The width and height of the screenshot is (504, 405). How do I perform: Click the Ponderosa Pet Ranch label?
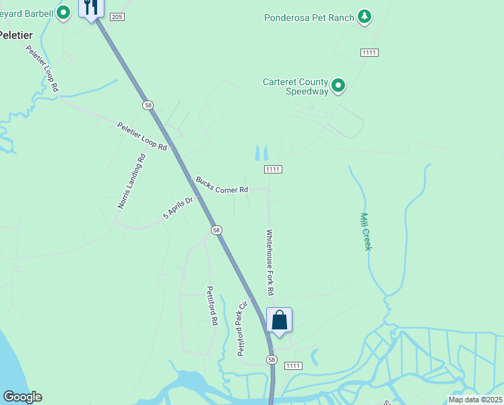pyautogui.click(x=309, y=18)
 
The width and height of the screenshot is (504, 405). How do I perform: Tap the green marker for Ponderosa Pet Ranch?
pyautogui.click(x=365, y=16)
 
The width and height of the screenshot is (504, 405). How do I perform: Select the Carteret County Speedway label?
pyautogui.click(x=295, y=86)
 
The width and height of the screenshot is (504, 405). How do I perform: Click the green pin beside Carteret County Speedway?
pyautogui.click(x=338, y=86)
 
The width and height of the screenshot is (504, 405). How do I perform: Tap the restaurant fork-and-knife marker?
pyautogui.click(x=91, y=8)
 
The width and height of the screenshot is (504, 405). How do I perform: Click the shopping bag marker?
pyautogui.click(x=279, y=321)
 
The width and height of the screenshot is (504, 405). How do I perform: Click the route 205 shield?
pyautogui.click(x=117, y=16)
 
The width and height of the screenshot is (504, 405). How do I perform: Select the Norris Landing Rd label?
pyautogui.click(x=131, y=182)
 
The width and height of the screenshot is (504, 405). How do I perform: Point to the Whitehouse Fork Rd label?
pyautogui.click(x=270, y=262)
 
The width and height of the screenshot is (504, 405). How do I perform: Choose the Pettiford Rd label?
pyautogui.click(x=212, y=306)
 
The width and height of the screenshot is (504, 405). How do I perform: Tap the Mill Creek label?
pyautogui.click(x=366, y=232)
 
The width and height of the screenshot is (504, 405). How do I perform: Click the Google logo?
pyautogui.click(x=22, y=397)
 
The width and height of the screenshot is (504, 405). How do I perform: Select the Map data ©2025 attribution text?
pyautogui.click(x=475, y=400)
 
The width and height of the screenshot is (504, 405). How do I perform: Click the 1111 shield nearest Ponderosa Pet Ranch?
pyautogui.click(x=369, y=53)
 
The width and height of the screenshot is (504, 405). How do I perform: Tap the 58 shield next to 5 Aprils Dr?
pyautogui.click(x=216, y=230)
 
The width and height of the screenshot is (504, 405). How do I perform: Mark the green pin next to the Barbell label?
pyautogui.click(x=64, y=12)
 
